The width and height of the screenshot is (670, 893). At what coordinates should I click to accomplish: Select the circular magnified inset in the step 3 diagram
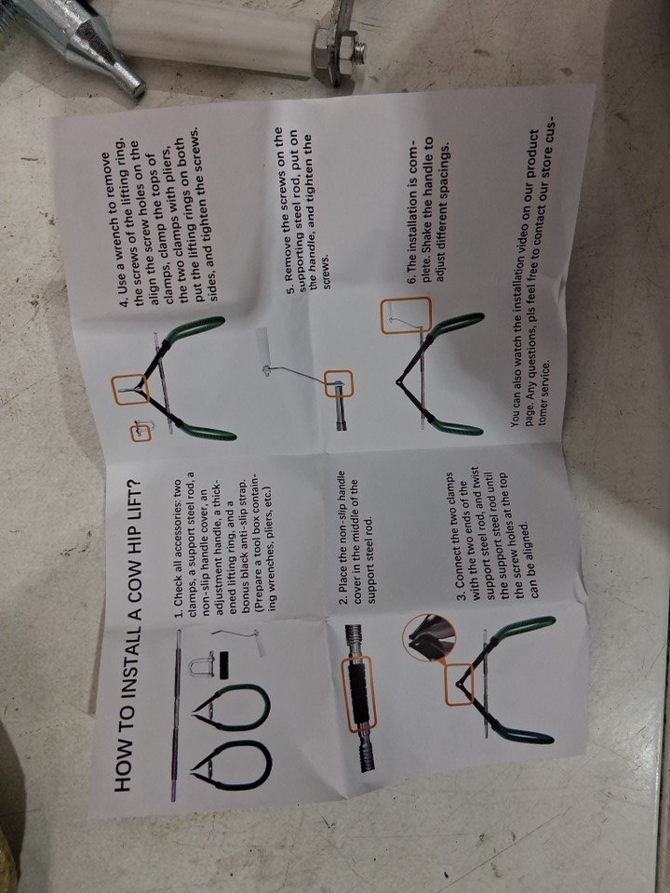pos(429,636)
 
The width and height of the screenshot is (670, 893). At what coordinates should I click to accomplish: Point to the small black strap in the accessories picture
pos(224,664)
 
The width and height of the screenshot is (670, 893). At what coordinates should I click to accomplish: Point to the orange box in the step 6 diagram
pos(407,315)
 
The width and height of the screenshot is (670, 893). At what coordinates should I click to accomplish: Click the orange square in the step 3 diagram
pos(459,684)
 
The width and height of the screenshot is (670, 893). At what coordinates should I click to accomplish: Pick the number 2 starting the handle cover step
pos(343,602)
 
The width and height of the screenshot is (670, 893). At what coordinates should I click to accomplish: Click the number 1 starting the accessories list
pos(179,615)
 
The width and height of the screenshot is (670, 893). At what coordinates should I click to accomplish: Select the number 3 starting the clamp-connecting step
pos(461,595)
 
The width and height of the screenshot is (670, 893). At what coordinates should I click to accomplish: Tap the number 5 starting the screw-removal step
pos(290,290)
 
